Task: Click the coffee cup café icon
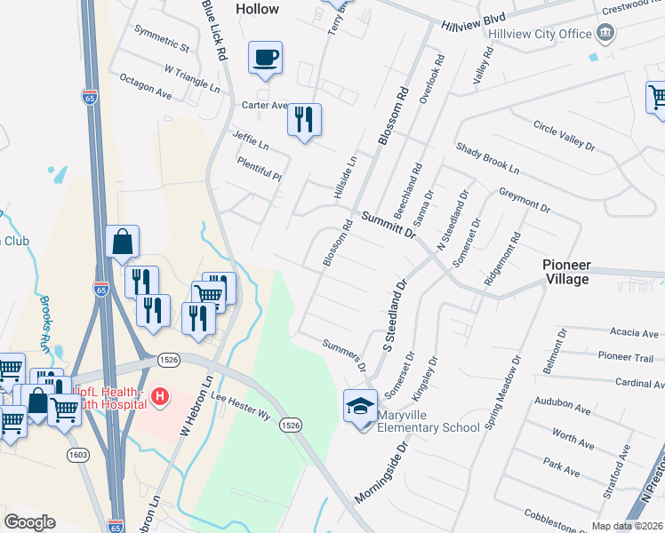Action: point(265,59)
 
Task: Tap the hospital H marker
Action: point(159,396)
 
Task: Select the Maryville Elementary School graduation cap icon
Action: point(360,407)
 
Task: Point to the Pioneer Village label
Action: point(566,272)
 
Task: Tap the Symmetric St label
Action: point(162,45)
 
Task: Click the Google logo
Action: point(29,522)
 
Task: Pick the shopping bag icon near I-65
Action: point(122,242)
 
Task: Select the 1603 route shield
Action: point(77,455)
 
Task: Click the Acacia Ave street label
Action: point(634,333)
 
